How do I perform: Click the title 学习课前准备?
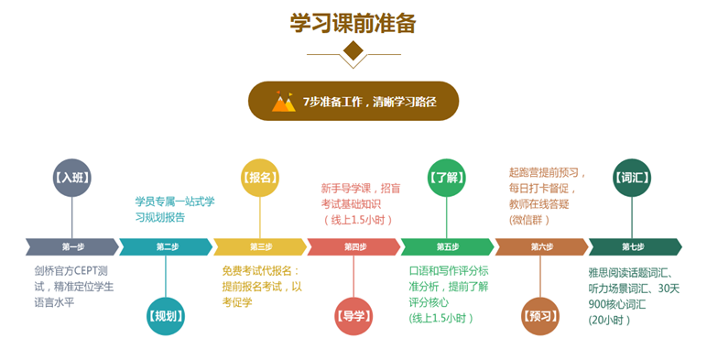coord(353,21)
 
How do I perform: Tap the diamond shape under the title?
coord(353,51)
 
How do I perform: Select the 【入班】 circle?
coord(72,178)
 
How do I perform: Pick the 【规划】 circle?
coord(166,317)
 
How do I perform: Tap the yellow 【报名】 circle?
coord(260,178)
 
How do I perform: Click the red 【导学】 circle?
coord(353,317)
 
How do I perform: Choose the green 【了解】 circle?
coord(448,178)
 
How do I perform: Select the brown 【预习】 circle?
coord(541,317)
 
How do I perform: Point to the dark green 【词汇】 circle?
coord(633,178)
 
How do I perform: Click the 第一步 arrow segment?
coord(72,246)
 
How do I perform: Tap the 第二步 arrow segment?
coord(167,246)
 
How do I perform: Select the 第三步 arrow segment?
coord(260,246)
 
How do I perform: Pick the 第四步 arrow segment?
coord(354,246)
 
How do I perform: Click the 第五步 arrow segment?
coord(448,246)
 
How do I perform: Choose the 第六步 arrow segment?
coord(541,246)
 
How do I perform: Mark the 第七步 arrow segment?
coord(634,246)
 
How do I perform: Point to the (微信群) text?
coord(530,220)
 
